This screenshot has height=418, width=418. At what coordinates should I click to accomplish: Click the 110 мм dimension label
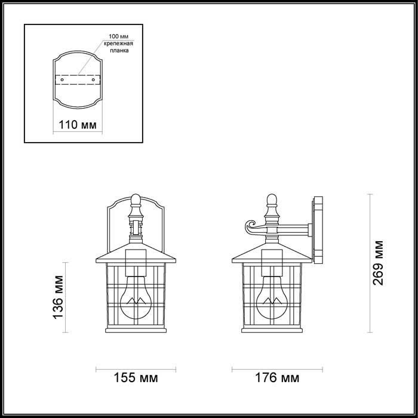76,125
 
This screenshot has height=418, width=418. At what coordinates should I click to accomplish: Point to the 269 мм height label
378,263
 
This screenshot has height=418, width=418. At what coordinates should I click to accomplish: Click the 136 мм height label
59,297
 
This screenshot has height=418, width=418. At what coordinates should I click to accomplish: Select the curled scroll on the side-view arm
248,227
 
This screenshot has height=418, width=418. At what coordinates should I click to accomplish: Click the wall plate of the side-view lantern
318,230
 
